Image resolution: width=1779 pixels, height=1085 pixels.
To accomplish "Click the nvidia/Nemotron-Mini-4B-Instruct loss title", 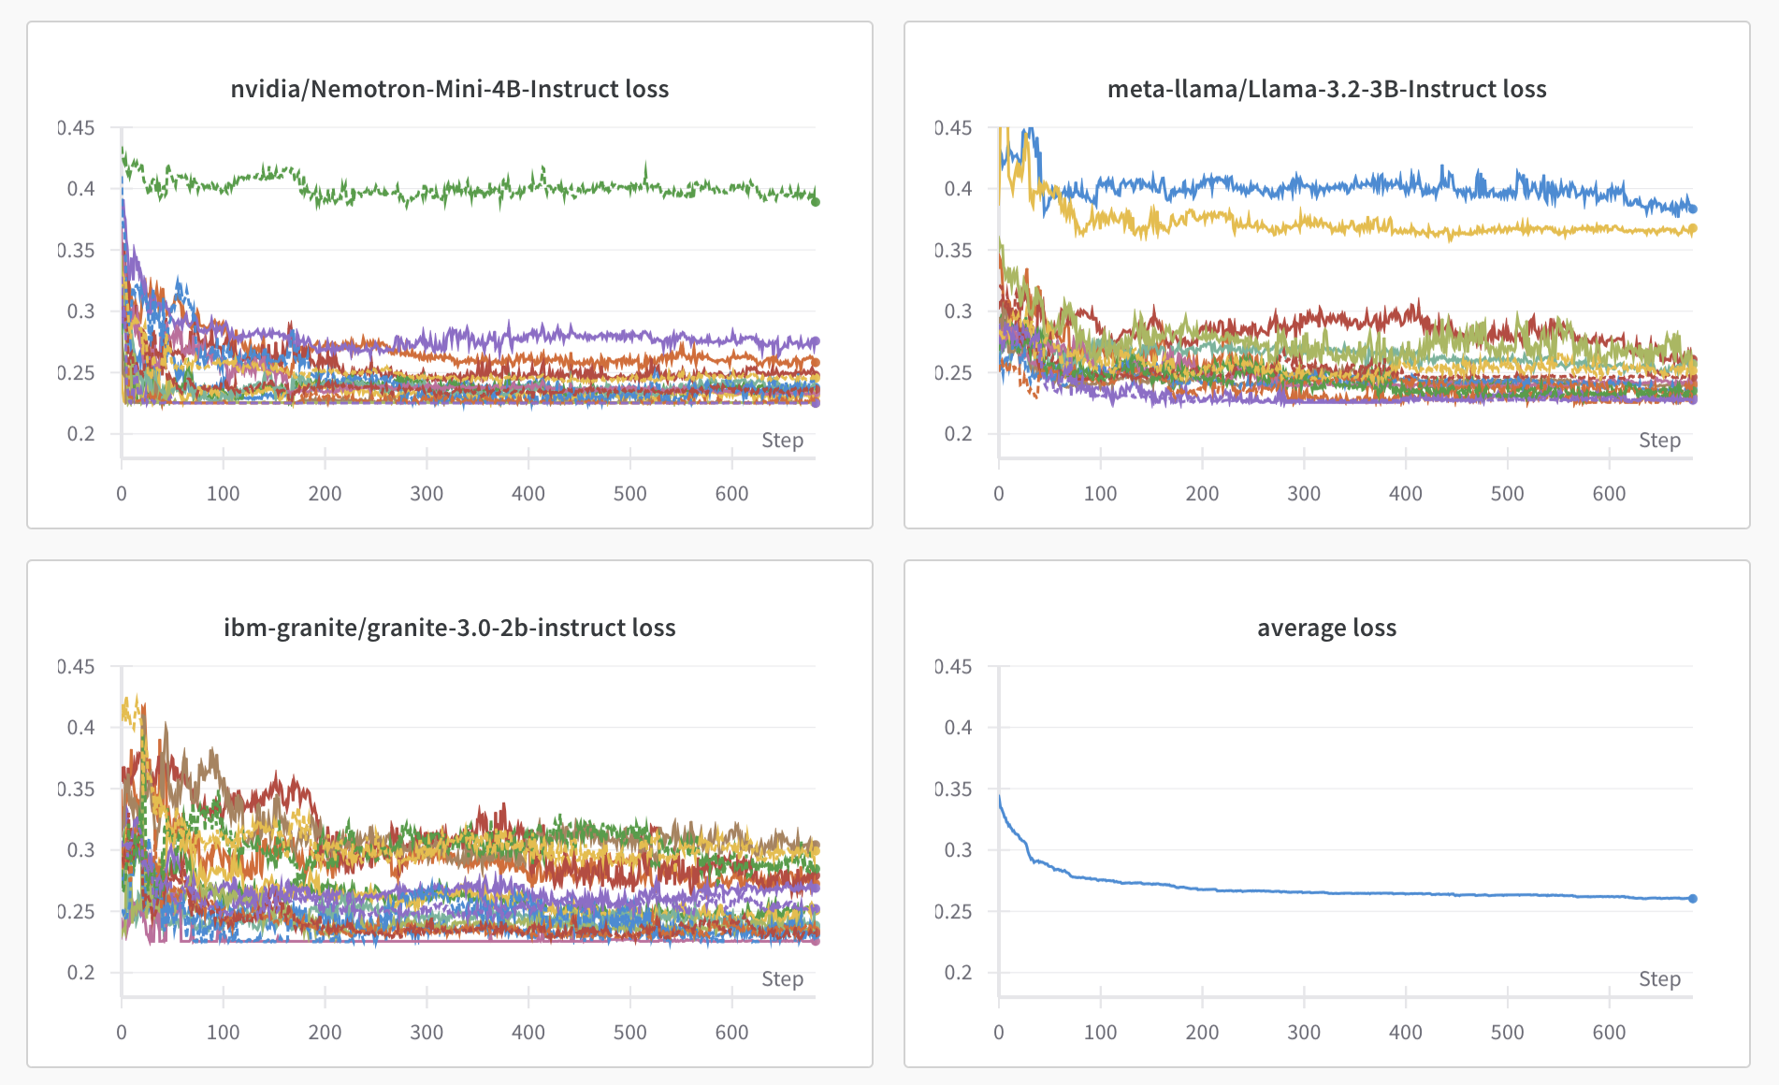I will pos(449,89).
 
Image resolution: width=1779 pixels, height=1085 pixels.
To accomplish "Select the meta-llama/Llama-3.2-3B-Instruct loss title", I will pos(1326,89).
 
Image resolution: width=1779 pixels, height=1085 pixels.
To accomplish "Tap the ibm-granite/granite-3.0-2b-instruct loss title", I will pos(449,628).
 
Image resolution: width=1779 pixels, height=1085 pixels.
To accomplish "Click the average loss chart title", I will pos(1326,628).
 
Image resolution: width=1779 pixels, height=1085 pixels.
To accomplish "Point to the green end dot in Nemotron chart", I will pos(816,201).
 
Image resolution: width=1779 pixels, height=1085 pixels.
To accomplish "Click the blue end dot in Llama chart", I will pos(1693,209).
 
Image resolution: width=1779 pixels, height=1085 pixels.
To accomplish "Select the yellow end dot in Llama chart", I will pos(1693,228).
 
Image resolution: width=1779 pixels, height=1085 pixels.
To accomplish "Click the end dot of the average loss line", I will pos(1693,899).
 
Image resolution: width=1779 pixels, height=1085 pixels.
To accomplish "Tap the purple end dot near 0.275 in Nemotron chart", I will pos(816,341).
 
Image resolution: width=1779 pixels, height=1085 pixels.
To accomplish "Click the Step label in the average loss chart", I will pos(1659,979).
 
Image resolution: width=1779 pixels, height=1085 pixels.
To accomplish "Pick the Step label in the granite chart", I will pos(782,979).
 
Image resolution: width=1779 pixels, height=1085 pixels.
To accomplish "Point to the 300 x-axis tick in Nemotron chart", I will pos(427,494).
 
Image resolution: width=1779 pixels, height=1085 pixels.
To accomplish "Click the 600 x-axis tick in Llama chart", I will pos(1609,494).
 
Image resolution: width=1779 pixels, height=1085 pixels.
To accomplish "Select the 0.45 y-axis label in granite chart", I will pos(77,667).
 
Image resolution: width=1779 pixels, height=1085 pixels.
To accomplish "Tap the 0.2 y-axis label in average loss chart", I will pos(958,973).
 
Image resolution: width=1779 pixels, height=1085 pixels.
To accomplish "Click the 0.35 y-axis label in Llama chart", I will pos(954,250).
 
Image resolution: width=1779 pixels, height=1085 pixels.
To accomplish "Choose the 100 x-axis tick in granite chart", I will pos(223,1033).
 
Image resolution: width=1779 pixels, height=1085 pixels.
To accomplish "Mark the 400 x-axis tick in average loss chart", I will pos(1405,1033).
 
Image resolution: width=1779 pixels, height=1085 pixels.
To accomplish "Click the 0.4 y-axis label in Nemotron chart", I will pos(80,189).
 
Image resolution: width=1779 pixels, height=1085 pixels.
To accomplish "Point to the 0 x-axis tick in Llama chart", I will pos(999,494).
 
